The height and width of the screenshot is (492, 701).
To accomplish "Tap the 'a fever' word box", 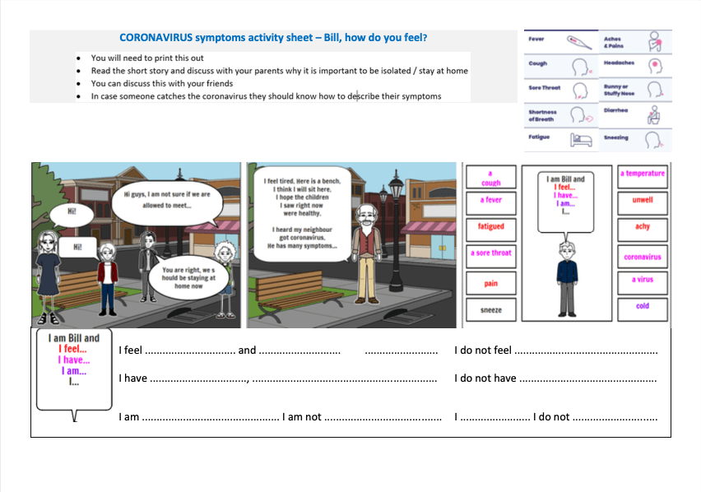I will [x=491, y=200].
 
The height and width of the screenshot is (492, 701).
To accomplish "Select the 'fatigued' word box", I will [x=491, y=226].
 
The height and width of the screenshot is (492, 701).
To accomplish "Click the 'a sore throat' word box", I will [x=491, y=253].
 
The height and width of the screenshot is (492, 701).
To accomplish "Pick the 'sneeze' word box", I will [x=491, y=310].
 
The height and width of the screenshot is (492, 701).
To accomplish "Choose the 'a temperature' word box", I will [x=643, y=174].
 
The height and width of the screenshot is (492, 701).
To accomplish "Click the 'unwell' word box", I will [x=643, y=200].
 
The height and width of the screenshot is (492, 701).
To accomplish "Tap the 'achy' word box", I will [x=643, y=226].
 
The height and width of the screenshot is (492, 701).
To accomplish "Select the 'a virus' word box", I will [x=643, y=280].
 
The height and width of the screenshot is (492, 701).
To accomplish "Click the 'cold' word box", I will [x=643, y=306].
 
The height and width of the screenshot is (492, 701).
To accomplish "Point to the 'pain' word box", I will [x=491, y=284].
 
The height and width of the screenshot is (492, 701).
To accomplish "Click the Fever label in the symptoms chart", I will [x=536, y=39].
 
